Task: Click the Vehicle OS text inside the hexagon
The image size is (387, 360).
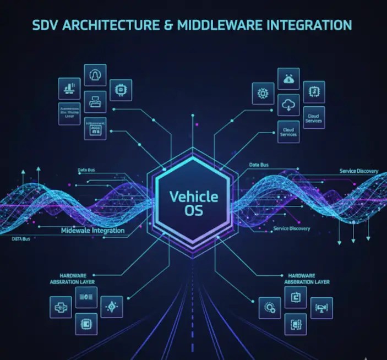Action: tap(193, 203)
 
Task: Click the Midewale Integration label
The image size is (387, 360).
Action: tap(92, 231)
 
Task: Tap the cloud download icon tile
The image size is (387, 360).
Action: tap(288, 105)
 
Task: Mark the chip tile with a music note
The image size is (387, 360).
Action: tap(314, 92)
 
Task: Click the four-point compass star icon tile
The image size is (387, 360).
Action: tap(112, 307)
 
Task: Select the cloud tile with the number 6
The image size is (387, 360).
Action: tap(288, 79)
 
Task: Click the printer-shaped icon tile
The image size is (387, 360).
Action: tap(95, 102)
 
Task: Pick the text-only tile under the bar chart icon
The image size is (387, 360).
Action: tap(69, 113)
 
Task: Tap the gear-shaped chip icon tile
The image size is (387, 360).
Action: tap(263, 94)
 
